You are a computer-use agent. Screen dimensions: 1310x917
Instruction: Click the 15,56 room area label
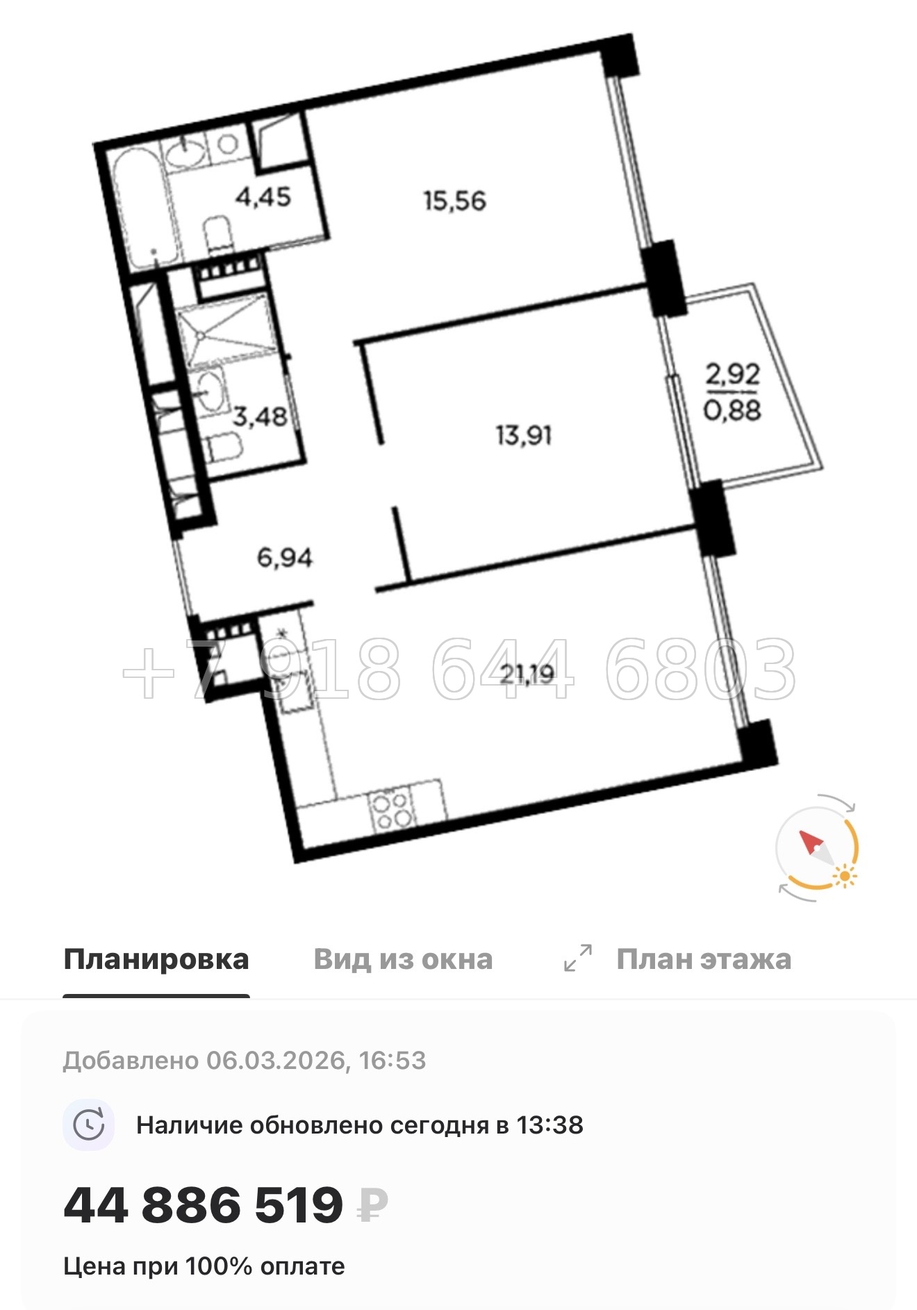[454, 201]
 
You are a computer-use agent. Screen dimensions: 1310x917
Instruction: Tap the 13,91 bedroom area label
[523, 436]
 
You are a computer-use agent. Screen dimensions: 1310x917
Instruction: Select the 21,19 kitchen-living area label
[527, 673]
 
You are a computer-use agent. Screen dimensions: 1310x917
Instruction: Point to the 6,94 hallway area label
[285, 557]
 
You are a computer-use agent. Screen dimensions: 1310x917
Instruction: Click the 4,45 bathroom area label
[263, 197]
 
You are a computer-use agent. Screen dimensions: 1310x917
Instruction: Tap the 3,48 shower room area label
[259, 417]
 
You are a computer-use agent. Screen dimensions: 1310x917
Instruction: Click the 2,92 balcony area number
[733, 374]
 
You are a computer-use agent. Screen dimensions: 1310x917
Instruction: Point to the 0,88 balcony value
[732, 410]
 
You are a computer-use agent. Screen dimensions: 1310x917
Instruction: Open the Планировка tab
[156, 959]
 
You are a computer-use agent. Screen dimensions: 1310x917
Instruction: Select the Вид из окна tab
[403, 959]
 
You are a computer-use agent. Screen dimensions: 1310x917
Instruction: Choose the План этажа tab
[703, 959]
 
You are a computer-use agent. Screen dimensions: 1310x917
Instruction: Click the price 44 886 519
[203, 1204]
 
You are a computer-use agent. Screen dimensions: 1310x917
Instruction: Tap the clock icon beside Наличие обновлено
[89, 1125]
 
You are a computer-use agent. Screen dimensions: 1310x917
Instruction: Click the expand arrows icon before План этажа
[578, 958]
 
